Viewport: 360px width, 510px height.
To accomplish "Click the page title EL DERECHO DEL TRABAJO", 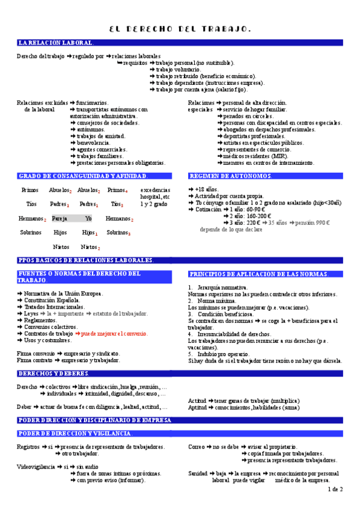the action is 180,29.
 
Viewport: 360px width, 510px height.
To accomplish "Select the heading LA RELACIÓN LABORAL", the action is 55,43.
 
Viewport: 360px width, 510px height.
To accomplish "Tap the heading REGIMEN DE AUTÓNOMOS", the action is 230,176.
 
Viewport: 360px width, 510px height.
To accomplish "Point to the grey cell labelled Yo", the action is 88,218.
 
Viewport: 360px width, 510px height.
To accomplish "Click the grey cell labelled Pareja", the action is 60,218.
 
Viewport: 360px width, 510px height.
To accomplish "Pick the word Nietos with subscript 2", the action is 90,247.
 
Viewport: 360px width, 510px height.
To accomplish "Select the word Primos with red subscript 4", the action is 117,190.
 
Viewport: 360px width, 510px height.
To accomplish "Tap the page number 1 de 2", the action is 335,490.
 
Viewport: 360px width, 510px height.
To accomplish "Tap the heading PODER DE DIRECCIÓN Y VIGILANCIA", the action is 75,434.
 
